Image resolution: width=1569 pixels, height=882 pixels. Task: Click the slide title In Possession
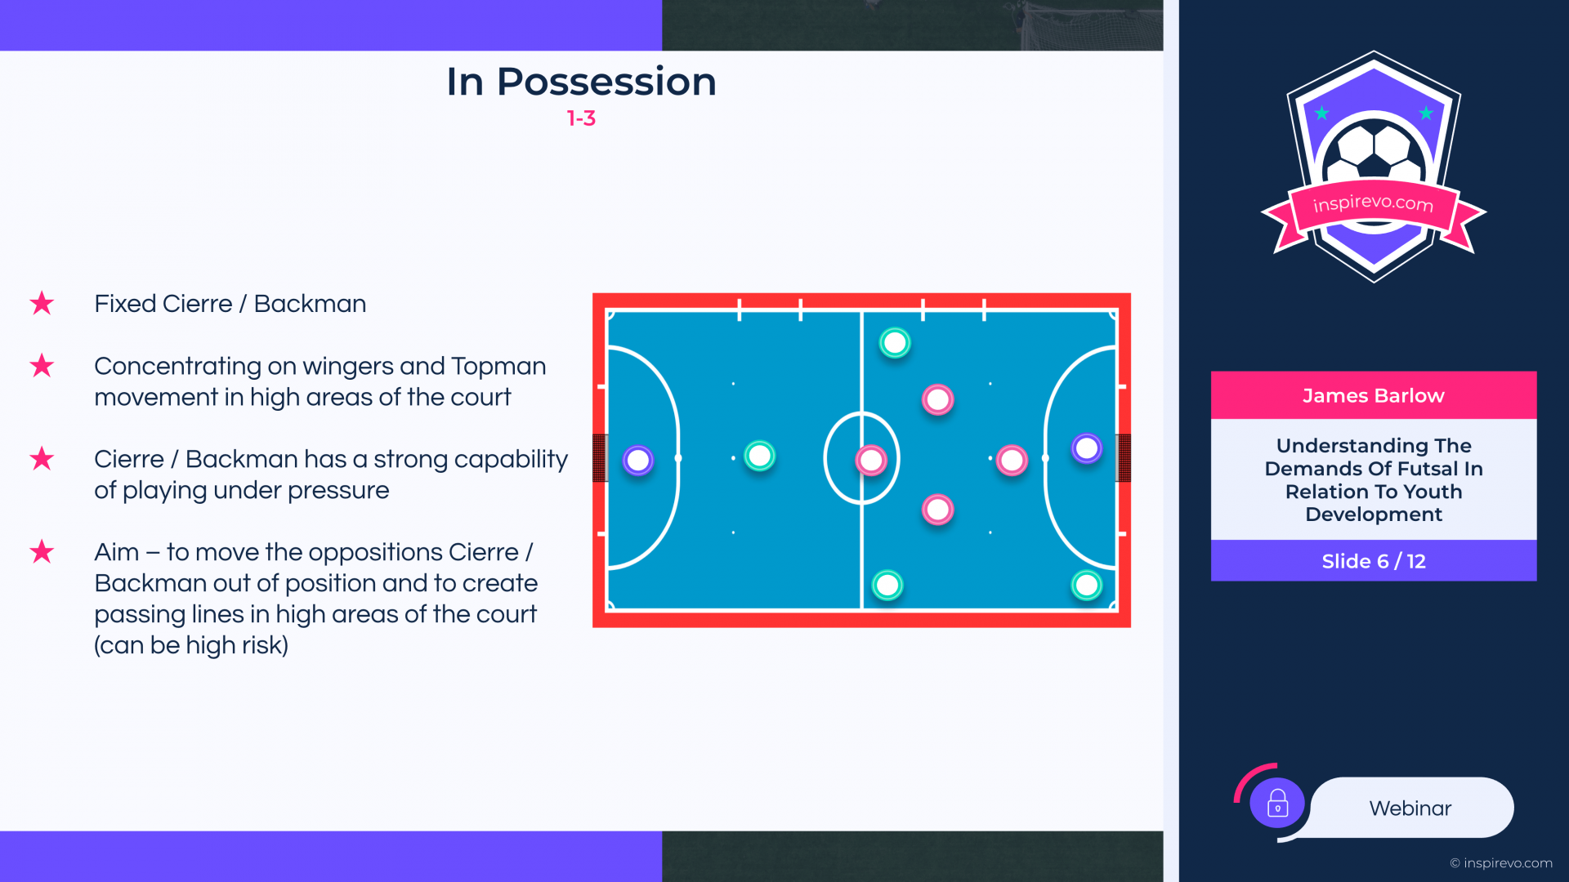(581, 82)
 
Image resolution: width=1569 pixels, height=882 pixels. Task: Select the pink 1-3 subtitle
(581, 118)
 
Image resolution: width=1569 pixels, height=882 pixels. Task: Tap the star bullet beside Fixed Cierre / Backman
(42, 303)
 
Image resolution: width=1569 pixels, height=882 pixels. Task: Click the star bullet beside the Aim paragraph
(42, 551)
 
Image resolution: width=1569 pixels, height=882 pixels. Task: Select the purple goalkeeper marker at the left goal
(638, 461)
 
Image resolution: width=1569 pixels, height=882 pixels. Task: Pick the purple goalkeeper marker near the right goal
(1087, 448)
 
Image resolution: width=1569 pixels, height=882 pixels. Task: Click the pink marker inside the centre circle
(871, 461)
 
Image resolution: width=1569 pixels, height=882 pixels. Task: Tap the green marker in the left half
(760, 456)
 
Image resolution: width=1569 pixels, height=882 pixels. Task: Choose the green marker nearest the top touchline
(895, 343)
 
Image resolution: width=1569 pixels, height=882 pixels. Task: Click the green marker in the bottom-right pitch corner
(1087, 585)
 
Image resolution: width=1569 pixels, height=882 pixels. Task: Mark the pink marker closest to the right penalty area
(1012, 461)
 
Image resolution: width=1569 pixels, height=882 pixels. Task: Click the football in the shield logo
(1374, 152)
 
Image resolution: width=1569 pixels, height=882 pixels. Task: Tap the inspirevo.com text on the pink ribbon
(1373, 203)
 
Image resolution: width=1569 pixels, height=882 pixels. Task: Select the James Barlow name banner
(1374, 395)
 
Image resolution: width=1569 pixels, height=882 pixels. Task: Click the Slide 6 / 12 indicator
(1374, 561)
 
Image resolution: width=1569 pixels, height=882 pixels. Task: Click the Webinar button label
(1410, 808)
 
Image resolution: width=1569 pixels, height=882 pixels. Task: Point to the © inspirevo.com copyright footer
(1501, 863)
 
